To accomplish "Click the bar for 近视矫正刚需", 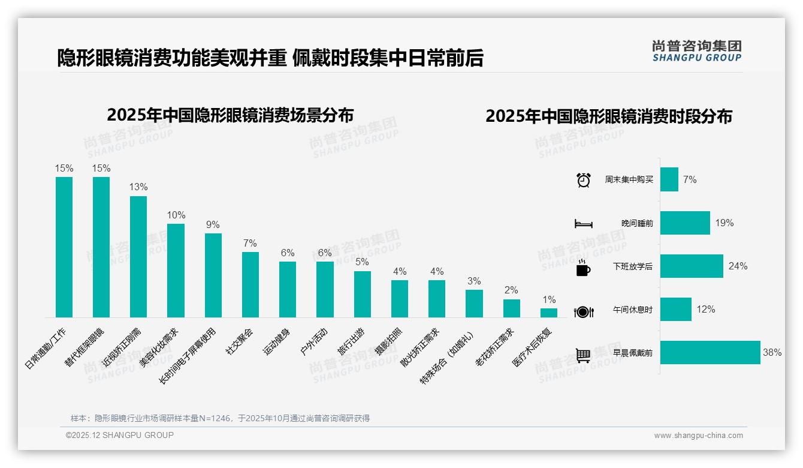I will pos(138,257).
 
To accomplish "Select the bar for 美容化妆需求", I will pos(176,271).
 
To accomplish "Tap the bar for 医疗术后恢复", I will pos(548,313).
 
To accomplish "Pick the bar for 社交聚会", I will pos(250,284).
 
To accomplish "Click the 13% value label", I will pos(138,187).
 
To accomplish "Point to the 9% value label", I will pos(213,224).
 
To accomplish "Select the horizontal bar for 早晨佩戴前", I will pos(710,353).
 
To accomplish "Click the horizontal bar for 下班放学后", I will pos(692,266).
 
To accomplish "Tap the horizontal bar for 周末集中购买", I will pos(669,179).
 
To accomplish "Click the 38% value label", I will pos(772,353).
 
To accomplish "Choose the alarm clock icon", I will pos(583,180).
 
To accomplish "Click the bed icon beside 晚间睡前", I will pos(583,224).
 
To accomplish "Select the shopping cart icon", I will pos(583,355).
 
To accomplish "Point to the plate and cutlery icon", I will pos(583,311).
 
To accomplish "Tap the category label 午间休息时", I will pos(633,310).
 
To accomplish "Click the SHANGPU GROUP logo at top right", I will pos(696,50).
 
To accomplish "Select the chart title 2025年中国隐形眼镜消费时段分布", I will pos(608,116).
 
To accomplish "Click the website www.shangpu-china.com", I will pos(698,436).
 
